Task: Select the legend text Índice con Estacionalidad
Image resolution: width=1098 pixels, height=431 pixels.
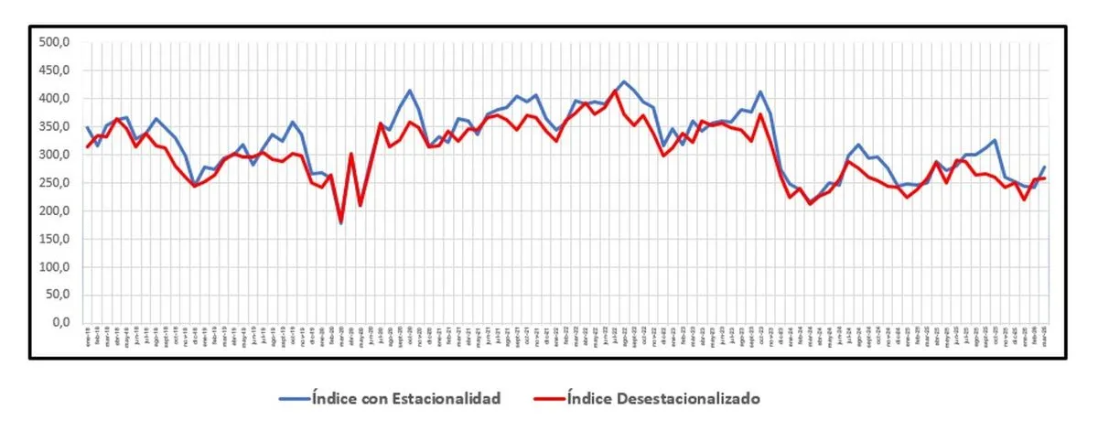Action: tap(406, 398)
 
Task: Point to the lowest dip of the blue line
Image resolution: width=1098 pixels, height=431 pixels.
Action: tap(341, 222)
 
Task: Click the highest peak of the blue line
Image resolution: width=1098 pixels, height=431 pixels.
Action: tap(624, 81)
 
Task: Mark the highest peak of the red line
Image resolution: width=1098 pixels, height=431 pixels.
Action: tap(615, 92)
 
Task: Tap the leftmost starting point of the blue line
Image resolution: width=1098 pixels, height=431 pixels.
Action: tap(88, 127)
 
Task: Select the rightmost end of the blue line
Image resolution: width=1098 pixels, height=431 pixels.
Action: tap(1045, 167)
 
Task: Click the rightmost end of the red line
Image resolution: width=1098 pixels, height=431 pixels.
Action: tap(1045, 178)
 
